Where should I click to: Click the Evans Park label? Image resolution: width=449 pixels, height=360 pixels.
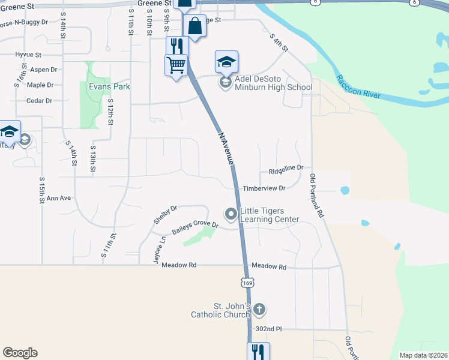(109, 87)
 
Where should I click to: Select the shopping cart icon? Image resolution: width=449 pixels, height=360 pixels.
(176, 65)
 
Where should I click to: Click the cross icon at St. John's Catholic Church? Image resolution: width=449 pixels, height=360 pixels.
(259, 310)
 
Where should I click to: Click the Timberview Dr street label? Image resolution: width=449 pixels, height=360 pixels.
(264, 188)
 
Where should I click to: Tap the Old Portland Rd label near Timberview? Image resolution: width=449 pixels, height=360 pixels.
(316, 196)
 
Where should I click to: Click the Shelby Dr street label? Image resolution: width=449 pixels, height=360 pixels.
(165, 215)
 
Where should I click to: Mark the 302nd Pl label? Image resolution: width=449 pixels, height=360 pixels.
(268, 329)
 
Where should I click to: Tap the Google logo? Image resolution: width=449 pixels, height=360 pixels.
(20, 353)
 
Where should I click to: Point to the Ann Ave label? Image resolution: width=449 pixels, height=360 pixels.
(59, 198)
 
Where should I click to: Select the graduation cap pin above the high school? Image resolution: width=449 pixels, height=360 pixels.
(226, 61)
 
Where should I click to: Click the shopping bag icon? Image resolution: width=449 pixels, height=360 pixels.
(194, 26)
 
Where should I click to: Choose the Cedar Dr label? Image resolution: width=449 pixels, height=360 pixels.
(40, 101)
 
